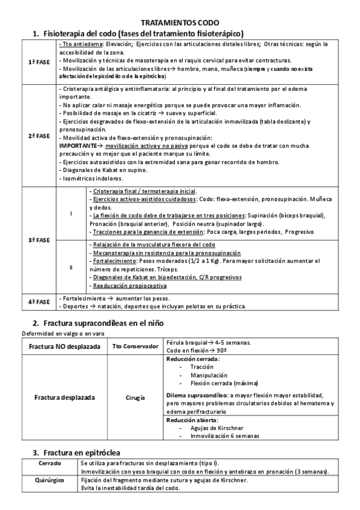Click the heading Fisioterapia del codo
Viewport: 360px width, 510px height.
(x=142, y=33)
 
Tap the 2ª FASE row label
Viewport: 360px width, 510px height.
(x=39, y=135)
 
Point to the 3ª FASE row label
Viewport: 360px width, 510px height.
(x=39, y=240)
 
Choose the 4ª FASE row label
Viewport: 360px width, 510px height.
(x=39, y=301)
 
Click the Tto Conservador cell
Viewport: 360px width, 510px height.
(x=135, y=346)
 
